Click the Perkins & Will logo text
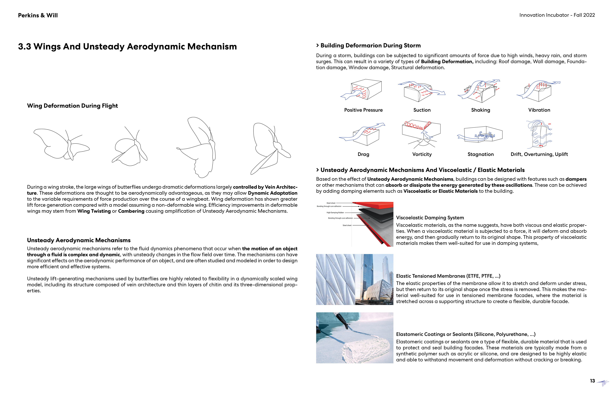(x=38, y=15)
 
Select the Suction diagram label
(x=422, y=110)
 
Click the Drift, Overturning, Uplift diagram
(x=540, y=134)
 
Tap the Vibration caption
(x=539, y=110)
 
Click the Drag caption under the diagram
(x=363, y=154)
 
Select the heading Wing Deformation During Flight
(x=72, y=106)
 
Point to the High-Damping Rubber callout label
(x=335, y=213)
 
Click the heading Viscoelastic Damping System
(x=430, y=218)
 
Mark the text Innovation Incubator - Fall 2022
(x=557, y=15)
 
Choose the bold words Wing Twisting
(x=94, y=211)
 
